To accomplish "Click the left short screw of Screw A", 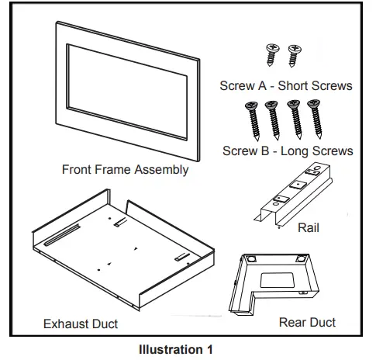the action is (x=272, y=54).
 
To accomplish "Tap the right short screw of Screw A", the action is (x=294, y=56).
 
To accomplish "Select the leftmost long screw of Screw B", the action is (x=253, y=120).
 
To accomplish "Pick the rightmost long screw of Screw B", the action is (x=315, y=119).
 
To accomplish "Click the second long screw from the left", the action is (x=272, y=120).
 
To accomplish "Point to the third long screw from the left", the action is (x=295, y=119).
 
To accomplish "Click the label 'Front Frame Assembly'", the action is (x=125, y=170).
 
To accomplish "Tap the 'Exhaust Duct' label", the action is (x=81, y=324).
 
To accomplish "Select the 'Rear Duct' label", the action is (x=307, y=323).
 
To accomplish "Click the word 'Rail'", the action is (x=309, y=228).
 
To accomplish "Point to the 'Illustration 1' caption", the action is (x=176, y=350).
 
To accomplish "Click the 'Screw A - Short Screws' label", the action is (x=286, y=85).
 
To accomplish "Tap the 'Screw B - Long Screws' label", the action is (x=288, y=151).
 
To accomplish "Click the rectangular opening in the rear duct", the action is (x=277, y=280).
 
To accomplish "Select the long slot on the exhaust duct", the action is (x=62, y=235).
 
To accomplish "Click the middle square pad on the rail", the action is (x=298, y=185).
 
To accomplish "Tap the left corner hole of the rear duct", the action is (x=251, y=258).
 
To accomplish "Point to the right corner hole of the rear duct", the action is (x=301, y=258).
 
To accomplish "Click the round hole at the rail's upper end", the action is (x=317, y=168).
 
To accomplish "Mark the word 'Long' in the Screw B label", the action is (x=291, y=151).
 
